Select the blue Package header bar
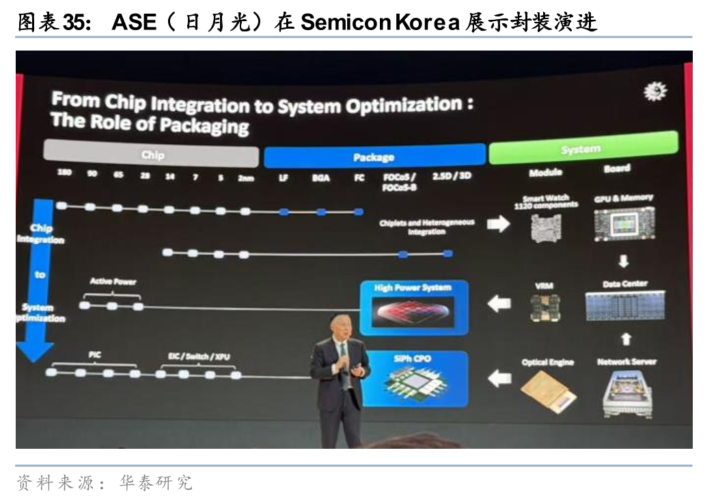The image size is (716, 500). [x=374, y=156]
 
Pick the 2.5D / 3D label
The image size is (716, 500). [x=452, y=176]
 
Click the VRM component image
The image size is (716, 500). [x=546, y=308]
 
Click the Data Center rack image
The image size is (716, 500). [x=625, y=305]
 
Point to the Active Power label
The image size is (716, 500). [x=113, y=281]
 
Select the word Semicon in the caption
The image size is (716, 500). [x=344, y=23]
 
